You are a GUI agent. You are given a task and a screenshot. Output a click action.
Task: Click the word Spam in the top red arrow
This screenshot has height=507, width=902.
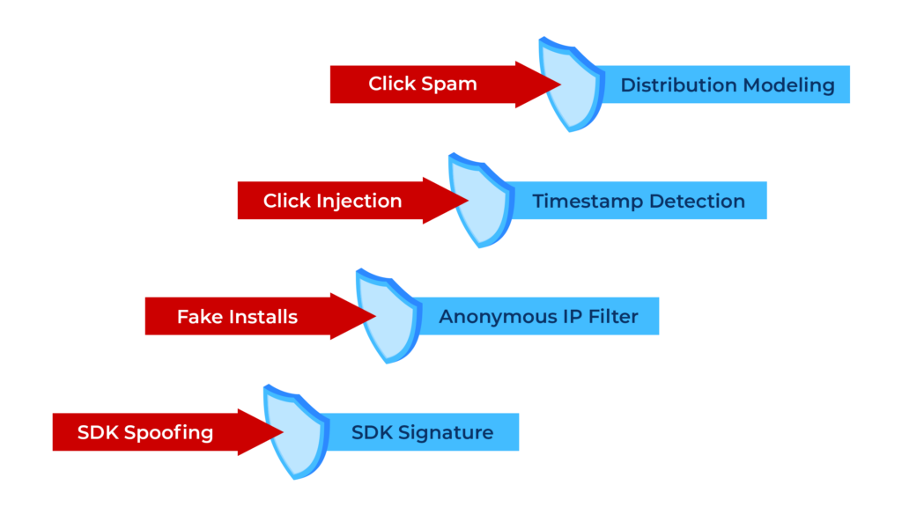(x=449, y=84)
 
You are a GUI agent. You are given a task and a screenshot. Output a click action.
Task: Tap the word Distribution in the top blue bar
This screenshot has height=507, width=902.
(x=679, y=85)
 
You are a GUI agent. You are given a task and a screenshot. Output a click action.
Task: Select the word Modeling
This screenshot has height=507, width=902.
(x=788, y=86)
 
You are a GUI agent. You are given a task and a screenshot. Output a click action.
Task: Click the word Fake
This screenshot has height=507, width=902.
(x=200, y=317)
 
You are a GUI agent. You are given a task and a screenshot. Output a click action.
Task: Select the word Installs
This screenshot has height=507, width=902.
(x=263, y=317)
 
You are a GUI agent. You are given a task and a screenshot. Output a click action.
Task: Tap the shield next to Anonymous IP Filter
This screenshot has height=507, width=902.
(x=388, y=316)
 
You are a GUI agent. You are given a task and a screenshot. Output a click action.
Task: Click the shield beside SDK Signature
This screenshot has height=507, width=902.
(x=296, y=431)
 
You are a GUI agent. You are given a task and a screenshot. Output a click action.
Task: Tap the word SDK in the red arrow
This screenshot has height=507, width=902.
(x=98, y=432)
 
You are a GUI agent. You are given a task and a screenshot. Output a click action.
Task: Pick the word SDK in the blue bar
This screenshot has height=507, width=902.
(x=373, y=432)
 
